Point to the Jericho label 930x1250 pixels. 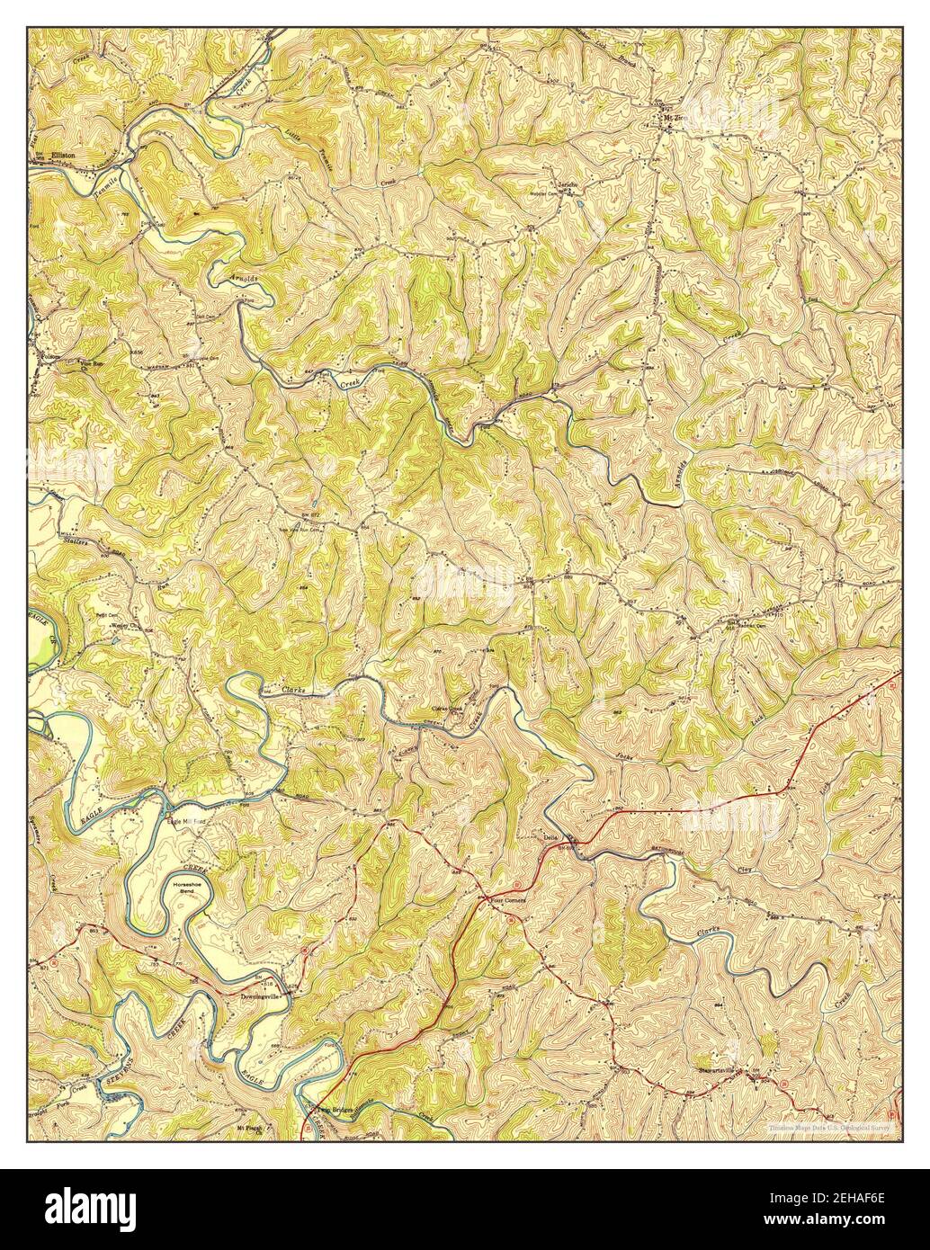click(566, 184)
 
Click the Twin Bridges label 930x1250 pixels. click(336, 1112)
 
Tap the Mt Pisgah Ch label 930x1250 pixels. click(254, 1126)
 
